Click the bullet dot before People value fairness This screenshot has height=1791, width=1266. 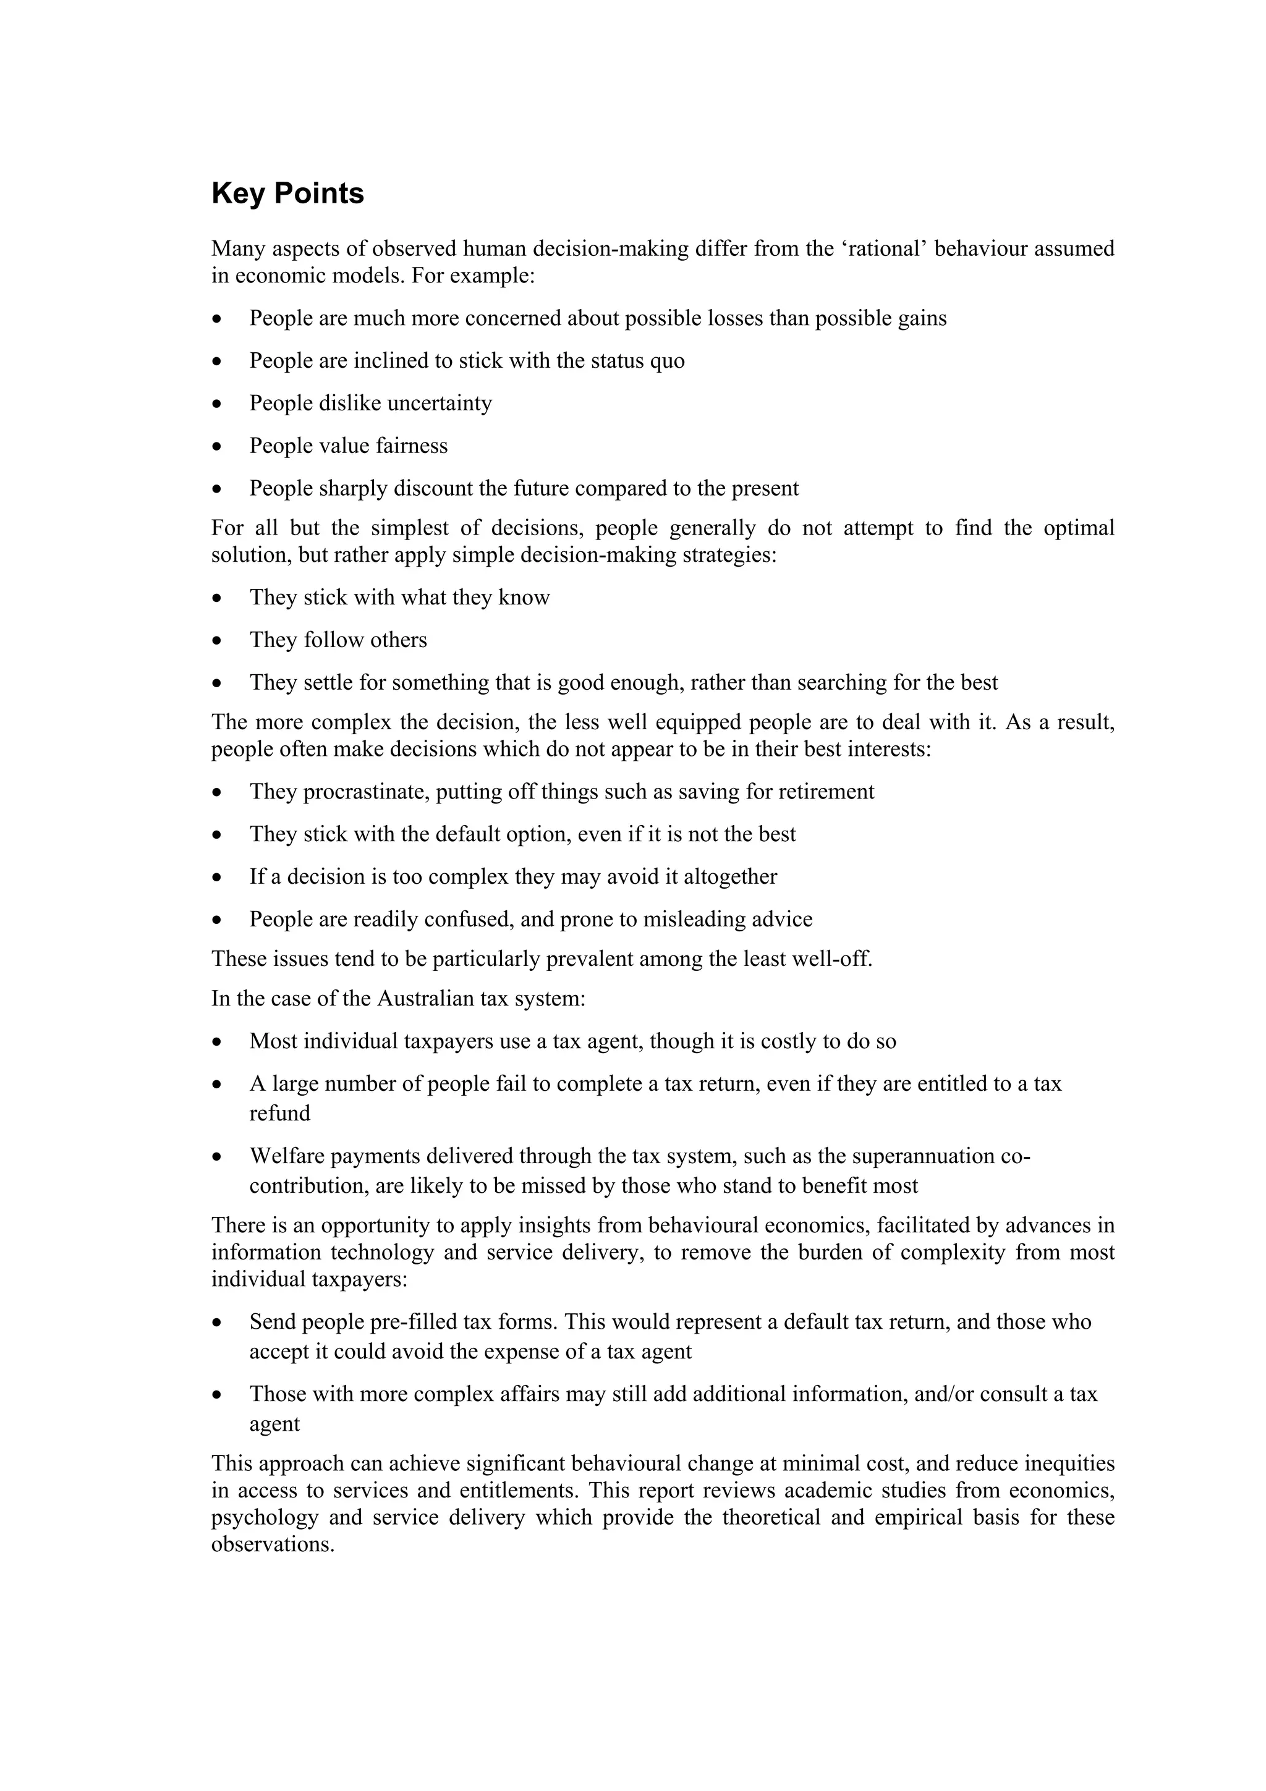coord(217,447)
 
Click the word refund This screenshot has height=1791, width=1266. coord(279,1113)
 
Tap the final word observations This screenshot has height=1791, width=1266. coord(273,1545)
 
